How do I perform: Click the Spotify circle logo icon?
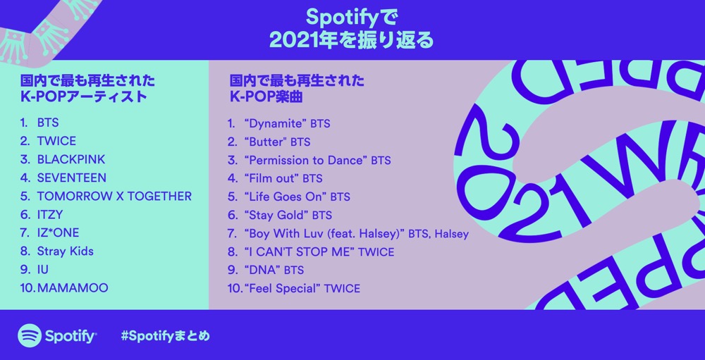click(x=30, y=336)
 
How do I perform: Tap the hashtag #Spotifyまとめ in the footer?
click(x=166, y=336)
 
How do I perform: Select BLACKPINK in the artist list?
click(x=71, y=159)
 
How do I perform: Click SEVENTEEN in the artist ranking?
click(x=72, y=178)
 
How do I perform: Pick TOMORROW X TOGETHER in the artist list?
click(x=114, y=197)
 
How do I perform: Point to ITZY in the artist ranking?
click(x=50, y=215)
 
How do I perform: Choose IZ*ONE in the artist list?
click(x=58, y=232)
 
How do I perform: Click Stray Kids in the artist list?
click(x=65, y=252)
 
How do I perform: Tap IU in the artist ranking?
click(x=43, y=270)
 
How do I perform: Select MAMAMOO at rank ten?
click(x=73, y=288)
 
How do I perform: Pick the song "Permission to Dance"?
click(x=305, y=161)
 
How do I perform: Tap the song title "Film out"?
click(x=271, y=178)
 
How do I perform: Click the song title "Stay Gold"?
click(x=276, y=216)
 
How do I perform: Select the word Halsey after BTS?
click(x=451, y=234)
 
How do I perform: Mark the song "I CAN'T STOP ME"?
click(x=300, y=252)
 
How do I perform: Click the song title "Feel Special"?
click(x=282, y=289)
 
